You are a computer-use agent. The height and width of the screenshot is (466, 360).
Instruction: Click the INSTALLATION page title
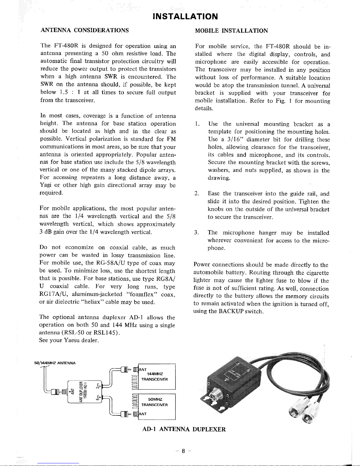point(185,16)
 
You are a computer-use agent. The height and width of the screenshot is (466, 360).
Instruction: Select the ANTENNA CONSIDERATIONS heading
point(85,30)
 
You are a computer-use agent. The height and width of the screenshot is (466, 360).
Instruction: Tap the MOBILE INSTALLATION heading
point(231,31)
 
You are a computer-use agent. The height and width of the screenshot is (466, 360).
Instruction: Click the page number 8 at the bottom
point(183,451)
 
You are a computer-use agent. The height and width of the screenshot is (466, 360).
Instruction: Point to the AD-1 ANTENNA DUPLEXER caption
point(184,429)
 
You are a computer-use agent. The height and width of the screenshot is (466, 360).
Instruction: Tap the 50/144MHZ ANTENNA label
point(55,363)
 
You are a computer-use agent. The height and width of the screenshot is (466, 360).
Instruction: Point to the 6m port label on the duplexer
point(98,398)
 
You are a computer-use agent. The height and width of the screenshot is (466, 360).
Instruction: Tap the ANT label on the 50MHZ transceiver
point(143,414)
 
